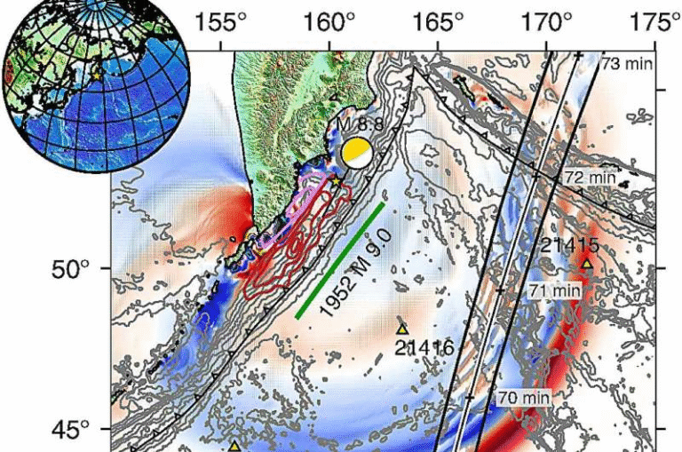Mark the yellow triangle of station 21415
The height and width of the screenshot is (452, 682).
[587, 263]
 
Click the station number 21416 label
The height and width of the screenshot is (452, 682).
[424, 347]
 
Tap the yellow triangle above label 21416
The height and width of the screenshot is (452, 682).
[401, 329]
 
